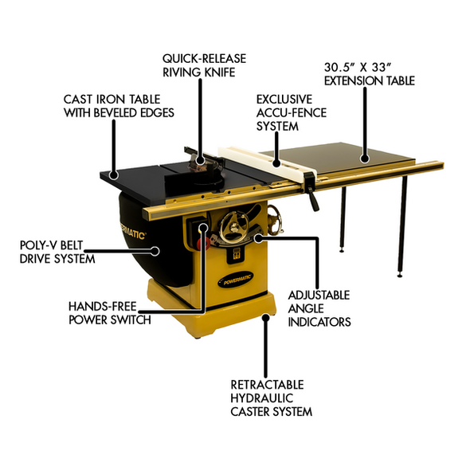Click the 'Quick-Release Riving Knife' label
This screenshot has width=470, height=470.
click(204, 65)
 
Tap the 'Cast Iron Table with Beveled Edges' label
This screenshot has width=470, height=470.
click(119, 106)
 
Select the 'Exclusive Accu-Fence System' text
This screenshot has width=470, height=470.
click(292, 112)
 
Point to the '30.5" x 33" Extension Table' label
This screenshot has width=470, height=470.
click(370, 74)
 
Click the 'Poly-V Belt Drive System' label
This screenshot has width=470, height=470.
click(57, 252)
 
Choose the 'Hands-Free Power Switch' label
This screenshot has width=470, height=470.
click(110, 313)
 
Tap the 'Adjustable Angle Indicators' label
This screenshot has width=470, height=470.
click(319, 308)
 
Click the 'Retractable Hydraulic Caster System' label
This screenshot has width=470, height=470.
click(272, 398)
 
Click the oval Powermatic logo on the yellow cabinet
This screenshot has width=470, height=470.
click(235, 280)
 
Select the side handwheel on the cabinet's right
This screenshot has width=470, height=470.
click(275, 221)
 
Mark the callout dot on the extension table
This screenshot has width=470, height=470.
click(365, 159)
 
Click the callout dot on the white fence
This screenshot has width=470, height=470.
click(276, 163)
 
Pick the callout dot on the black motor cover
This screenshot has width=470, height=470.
click(155, 251)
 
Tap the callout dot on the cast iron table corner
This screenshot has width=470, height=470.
click(114, 175)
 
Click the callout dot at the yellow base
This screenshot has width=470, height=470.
click(265, 318)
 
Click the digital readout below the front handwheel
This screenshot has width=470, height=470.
click(237, 254)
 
